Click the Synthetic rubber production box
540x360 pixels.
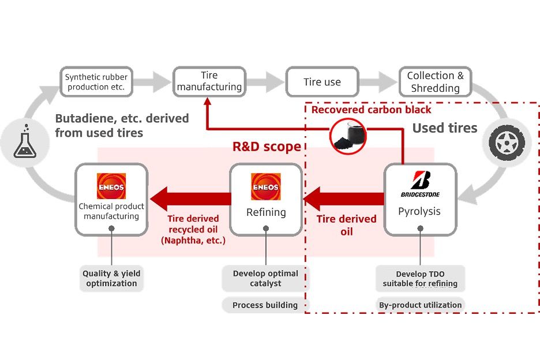(x=96, y=82)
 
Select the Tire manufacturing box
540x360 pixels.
(x=209, y=82)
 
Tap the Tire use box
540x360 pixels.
(x=322, y=82)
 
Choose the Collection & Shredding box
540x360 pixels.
(x=436, y=82)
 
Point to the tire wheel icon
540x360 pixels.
(x=507, y=142)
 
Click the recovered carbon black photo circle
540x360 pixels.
(x=348, y=136)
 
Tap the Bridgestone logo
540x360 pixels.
(x=420, y=183)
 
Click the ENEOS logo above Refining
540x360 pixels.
(x=266, y=186)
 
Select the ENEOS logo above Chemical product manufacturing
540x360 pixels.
(x=111, y=186)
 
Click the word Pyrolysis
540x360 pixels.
(x=419, y=211)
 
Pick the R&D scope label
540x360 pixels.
(x=267, y=147)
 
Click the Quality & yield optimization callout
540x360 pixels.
(x=111, y=278)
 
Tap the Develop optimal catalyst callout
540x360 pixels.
(x=265, y=278)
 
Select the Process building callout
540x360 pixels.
(x=265, y=305)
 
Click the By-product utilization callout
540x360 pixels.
(x=420, y=305)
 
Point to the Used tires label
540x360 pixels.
(x=445, y=128)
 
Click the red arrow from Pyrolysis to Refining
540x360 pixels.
(x=344, y=199)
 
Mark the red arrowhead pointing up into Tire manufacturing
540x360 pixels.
(x=207, y=101)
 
